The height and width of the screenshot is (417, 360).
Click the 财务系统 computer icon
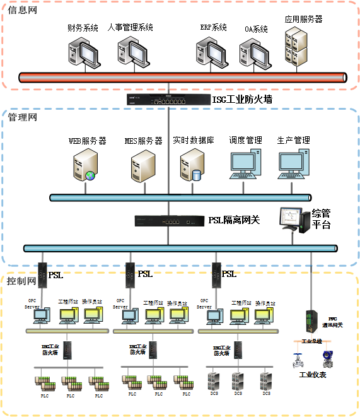83,50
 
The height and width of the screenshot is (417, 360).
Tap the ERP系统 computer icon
210,50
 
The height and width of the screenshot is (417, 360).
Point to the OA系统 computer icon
253,53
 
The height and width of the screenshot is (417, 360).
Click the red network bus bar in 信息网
183,78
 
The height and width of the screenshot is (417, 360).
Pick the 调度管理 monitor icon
246,165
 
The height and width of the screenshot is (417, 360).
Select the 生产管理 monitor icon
294,165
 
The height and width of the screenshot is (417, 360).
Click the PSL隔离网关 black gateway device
169,221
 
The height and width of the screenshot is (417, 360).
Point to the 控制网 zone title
23,279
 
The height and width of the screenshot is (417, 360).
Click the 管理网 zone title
23,117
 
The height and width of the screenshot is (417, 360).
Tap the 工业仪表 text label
313,375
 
